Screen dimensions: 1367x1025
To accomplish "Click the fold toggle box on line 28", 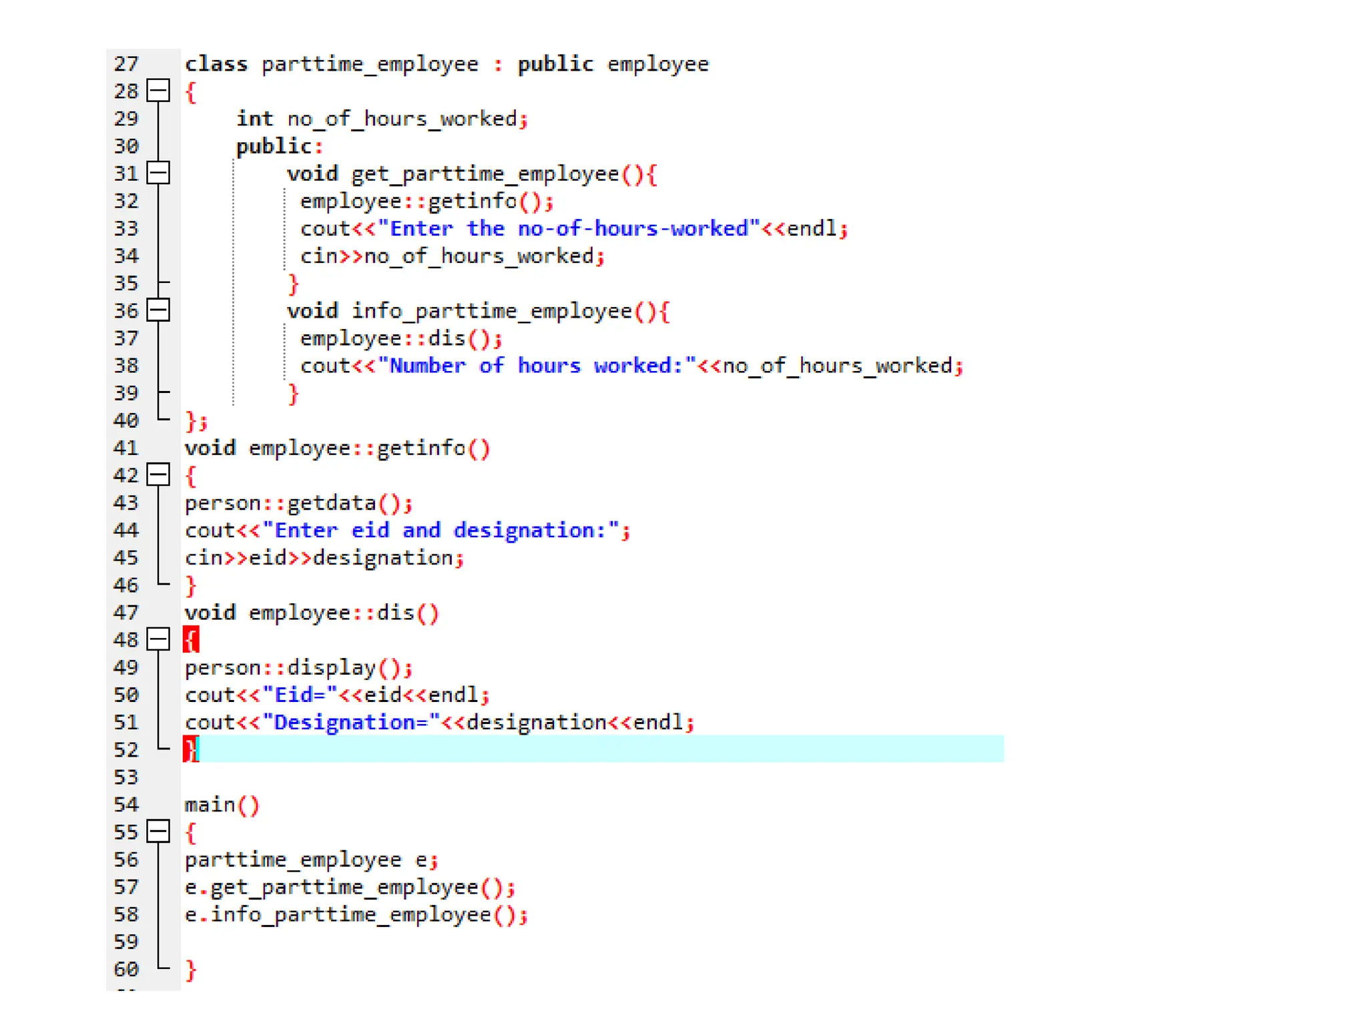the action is (x=158, y=90).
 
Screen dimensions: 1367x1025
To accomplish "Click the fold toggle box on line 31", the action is (x=158, y=173).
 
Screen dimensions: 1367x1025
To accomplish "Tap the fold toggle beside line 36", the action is (x=158, y=310).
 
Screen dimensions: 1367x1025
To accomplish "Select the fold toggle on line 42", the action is (x=158, y=474).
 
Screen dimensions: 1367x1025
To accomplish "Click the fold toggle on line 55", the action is (x=158, y=831).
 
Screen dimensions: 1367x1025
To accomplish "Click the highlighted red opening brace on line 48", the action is (x=191, y=639).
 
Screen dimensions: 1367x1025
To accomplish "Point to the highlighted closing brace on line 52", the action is (x=191, y=749).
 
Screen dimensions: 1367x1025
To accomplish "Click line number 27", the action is (x=126, y=64).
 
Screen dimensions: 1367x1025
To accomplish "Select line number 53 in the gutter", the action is (x=126, y=777).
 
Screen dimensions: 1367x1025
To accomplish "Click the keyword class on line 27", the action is (x=216, y=64).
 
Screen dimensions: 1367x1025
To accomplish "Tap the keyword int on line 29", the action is (x=254, y=119).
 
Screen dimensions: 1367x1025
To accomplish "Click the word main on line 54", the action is (x=210, y=805).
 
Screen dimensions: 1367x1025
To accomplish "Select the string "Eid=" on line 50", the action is (x=300, y=695).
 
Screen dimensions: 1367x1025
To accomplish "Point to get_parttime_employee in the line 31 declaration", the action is (x=485, y=174).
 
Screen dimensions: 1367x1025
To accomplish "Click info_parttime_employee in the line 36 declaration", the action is (x=491, y=311).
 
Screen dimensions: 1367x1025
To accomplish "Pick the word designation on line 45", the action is (x=383, y=558).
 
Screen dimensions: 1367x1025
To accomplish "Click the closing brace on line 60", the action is (x=191, y=969).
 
